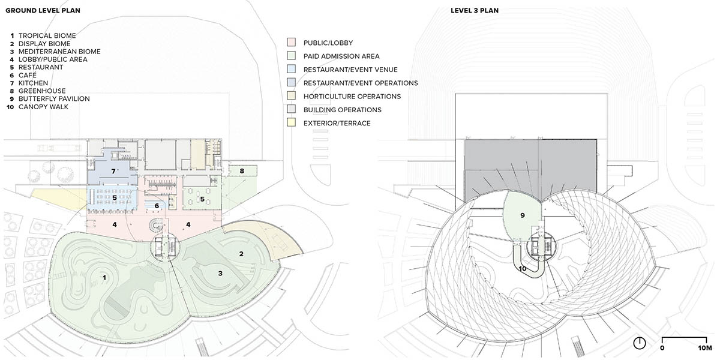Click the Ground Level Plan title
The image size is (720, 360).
pyautogui.click(x=43, y=11)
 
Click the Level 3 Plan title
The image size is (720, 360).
pyautogui.click(x=474, y=11)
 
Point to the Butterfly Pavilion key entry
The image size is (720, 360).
pyautogui.click(x=50, y=99)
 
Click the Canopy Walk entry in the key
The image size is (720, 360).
pyautogui.click(x=43, y=107)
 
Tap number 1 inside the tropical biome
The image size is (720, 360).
pyautogui.click(x=104, y=277)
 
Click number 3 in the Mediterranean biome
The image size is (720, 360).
pyautogui.click(x=220, y=273)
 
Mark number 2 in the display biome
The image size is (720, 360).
pyautogui.click(x=241, y=254)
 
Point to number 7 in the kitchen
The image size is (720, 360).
pyautogui.click(x=113, y=171)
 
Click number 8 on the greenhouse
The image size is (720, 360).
pyautogui.click(x=242, y=171)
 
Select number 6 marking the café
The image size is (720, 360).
pyautogui.click(x=157, y=206)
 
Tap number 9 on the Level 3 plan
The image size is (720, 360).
pyautogui.click(x=522, y=215)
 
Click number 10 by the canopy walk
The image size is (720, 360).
pyautogui.click(x=523, y=268)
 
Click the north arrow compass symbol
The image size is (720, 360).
pyautogui.click(x=640, y=343)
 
